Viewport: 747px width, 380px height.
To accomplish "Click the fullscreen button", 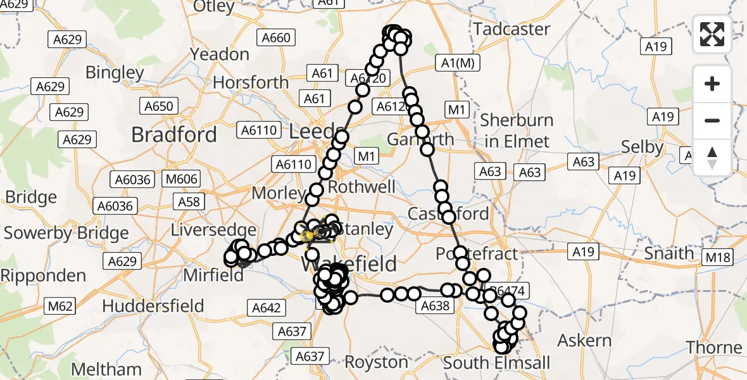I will point(712,34).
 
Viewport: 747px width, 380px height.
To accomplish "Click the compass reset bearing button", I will point(712,158).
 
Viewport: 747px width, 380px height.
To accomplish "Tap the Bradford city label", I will point(173,134).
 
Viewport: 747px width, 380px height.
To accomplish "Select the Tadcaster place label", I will point(512,29).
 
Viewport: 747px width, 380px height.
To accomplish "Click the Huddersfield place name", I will point(153,306).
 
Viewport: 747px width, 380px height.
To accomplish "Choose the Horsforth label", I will point(251,82).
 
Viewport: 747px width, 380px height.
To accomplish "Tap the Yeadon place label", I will point(220,54).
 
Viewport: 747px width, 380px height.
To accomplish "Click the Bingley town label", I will point(115,72).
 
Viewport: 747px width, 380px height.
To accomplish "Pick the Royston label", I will point(376,362).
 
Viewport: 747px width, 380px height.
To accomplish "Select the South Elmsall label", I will point(496,363).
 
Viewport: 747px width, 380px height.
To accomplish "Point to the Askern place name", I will point(584,340).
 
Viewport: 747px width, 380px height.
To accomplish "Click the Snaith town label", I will point(669,253).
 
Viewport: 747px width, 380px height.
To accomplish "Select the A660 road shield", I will point(277,38).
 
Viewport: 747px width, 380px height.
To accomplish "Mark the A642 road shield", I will point(267,308).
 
